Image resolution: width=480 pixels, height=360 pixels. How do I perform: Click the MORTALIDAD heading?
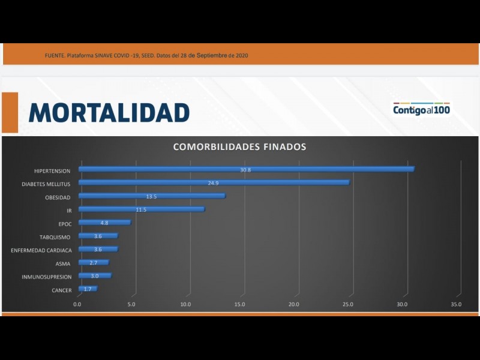[109, 112]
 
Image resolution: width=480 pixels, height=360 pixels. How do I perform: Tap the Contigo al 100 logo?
[421, 109]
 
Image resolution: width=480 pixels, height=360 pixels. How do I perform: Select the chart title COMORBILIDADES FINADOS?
[239, 146]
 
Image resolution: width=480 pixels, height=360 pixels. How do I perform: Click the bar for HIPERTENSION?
[246, 169]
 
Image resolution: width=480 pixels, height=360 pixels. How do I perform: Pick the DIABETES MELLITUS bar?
[214, 182]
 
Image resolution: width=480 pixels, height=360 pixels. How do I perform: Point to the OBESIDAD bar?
[152, 196]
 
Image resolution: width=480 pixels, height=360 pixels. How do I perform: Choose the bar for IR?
[141, 209]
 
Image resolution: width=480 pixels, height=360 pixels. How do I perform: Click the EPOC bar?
[104, 223]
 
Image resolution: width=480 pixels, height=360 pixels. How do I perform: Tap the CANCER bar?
[88, 289]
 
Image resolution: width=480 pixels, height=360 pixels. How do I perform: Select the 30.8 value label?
[245, 170]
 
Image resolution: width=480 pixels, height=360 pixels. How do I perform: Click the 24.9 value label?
[213, 183]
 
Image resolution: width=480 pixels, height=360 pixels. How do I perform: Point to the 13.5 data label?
[151, 196]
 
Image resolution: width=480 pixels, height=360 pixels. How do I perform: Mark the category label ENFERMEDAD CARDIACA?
[41, 250]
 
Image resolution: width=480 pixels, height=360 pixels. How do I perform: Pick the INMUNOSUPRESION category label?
[46, 277]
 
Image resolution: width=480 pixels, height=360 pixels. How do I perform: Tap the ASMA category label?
[63, 263]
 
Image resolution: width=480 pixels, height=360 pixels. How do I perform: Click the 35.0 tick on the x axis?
[456, 304]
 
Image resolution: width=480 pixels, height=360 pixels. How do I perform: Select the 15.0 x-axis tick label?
[240, 304]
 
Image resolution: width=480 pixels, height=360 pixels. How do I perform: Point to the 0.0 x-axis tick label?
[77, 304]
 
